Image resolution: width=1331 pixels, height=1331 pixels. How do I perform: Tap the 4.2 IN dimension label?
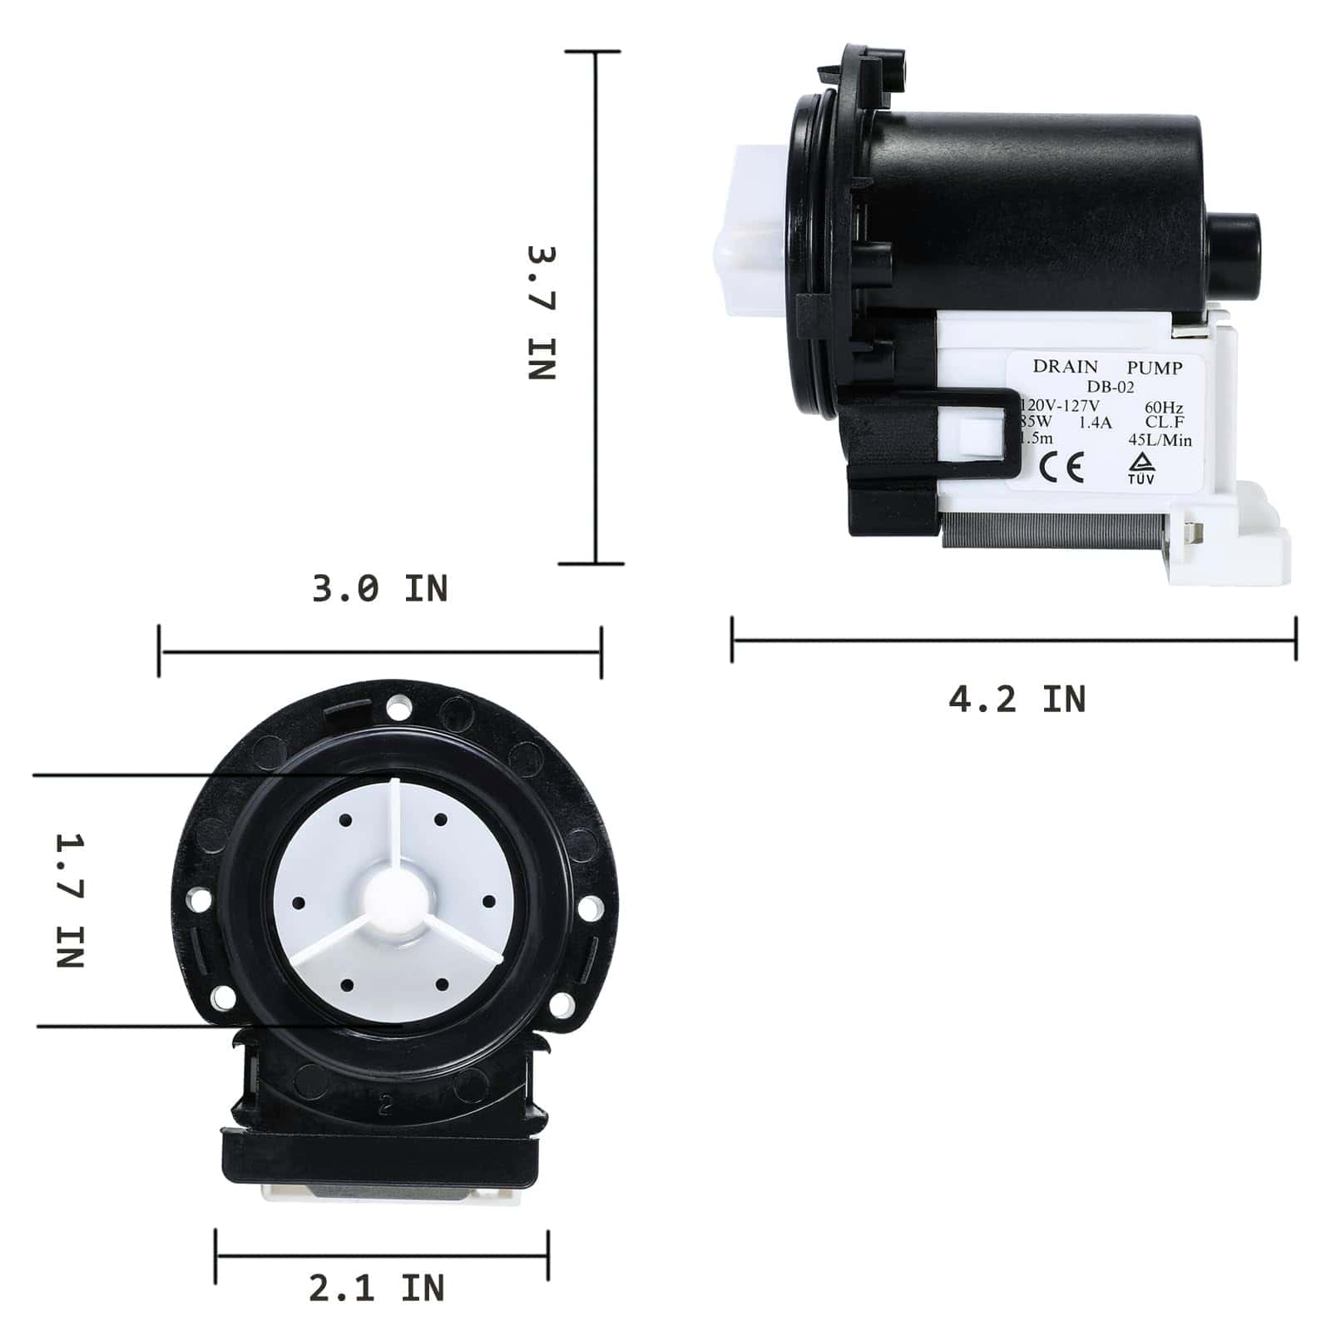pyautogui.click(x=1017, y=700)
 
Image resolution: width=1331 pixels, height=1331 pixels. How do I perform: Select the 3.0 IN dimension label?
pyautogui.click(x=379, y=589)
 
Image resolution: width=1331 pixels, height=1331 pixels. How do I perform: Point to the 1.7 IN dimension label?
pyautogui.click(x=71, y=901)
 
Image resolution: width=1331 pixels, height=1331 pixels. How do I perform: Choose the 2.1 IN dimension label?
pyautogui.click(x=376, y=1289)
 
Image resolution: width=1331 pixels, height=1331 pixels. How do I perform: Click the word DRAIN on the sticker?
pyautogui.click(x=1065, y=367)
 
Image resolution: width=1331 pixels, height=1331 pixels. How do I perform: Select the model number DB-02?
pyautogui.click(x=1110, y=387)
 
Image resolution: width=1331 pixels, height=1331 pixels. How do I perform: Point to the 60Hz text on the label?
pyautogui.click(x=1163, y=408)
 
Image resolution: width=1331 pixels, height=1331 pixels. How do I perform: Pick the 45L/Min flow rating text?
pyautogui.click(x=1160, y=440)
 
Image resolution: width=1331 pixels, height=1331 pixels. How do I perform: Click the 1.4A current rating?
pyautogui.click(x=1095, y=423)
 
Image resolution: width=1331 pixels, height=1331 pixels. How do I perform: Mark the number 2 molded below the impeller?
pyautogui.click(x=384, y=1106)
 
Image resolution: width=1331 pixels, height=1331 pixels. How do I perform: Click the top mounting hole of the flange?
pyautogui.click(x=398, y=708)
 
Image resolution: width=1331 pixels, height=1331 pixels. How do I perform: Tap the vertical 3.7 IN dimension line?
pyautogui.click(x=596, y=308)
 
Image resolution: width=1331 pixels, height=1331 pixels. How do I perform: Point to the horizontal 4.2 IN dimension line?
pyautogui.click(x=1013, y=641)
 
